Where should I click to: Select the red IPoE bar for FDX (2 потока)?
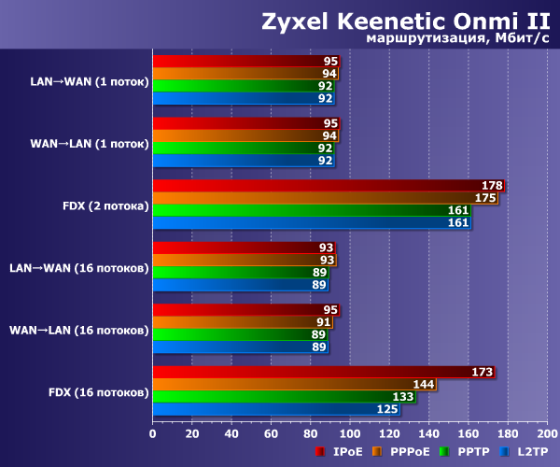point(327,185)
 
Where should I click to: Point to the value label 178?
point(492,186)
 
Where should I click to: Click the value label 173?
point(483,372)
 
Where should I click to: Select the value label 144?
point(425,384)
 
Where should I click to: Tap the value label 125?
point(387,408)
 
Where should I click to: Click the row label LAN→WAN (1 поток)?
point(90,80)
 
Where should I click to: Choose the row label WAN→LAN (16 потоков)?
point(78,330)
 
